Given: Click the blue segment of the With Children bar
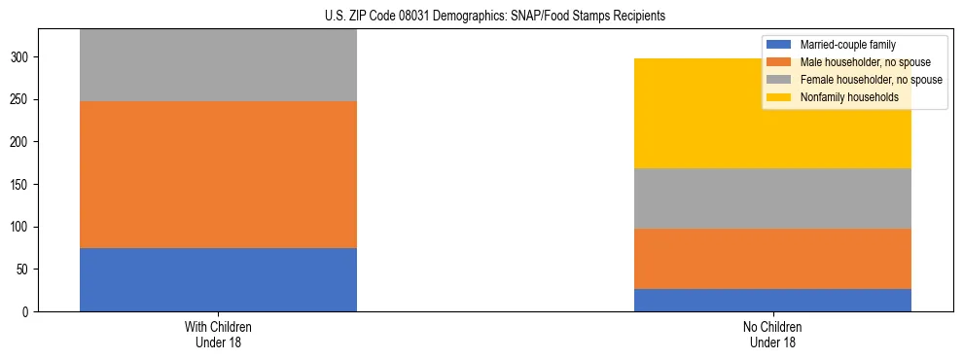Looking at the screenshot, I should (x=218, y=279).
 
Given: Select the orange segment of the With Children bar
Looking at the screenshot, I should (x=218, y=174).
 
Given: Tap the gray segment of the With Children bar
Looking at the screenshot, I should (x=218, y=65).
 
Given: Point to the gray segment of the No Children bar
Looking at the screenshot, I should (x=772, y=198).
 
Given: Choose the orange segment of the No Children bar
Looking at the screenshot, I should (x=772, y=259).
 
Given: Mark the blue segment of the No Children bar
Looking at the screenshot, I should (x=772, y=300).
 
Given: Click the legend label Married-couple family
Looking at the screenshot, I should (x=847, y=45).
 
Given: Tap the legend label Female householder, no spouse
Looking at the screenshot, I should (x=871, y=80).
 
